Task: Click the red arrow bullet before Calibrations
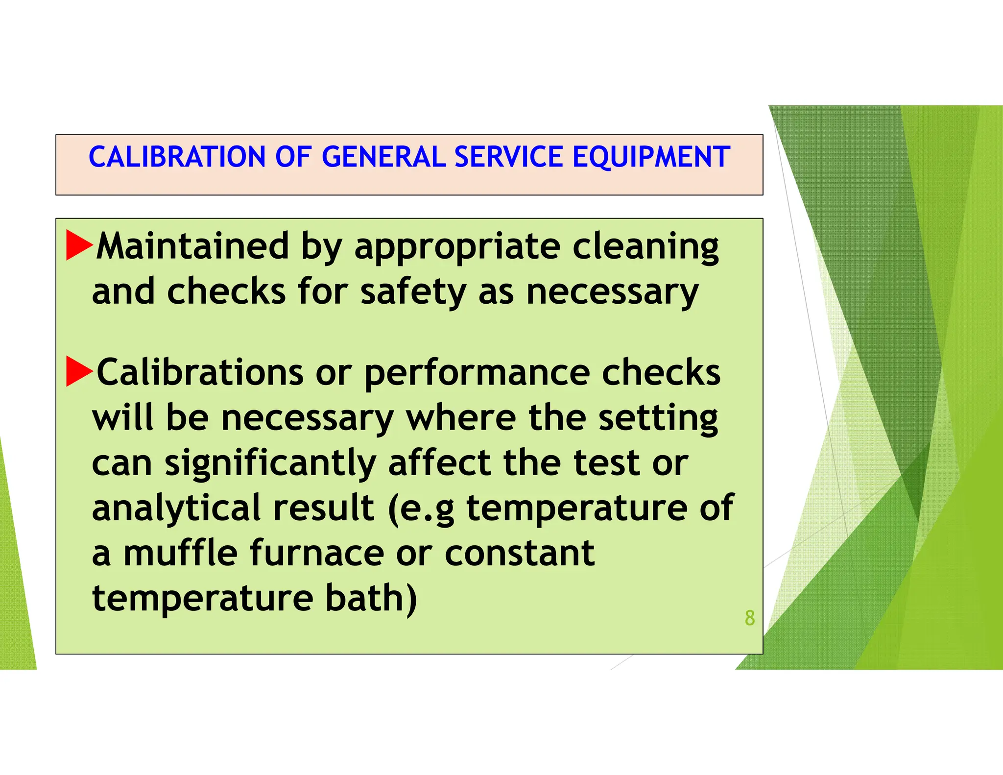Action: coord(78,371)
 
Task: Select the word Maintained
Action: coord(192,246)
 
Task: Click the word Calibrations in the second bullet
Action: coord(200,372)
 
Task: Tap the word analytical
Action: coord(176,509)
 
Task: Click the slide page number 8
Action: coord(749,618)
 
